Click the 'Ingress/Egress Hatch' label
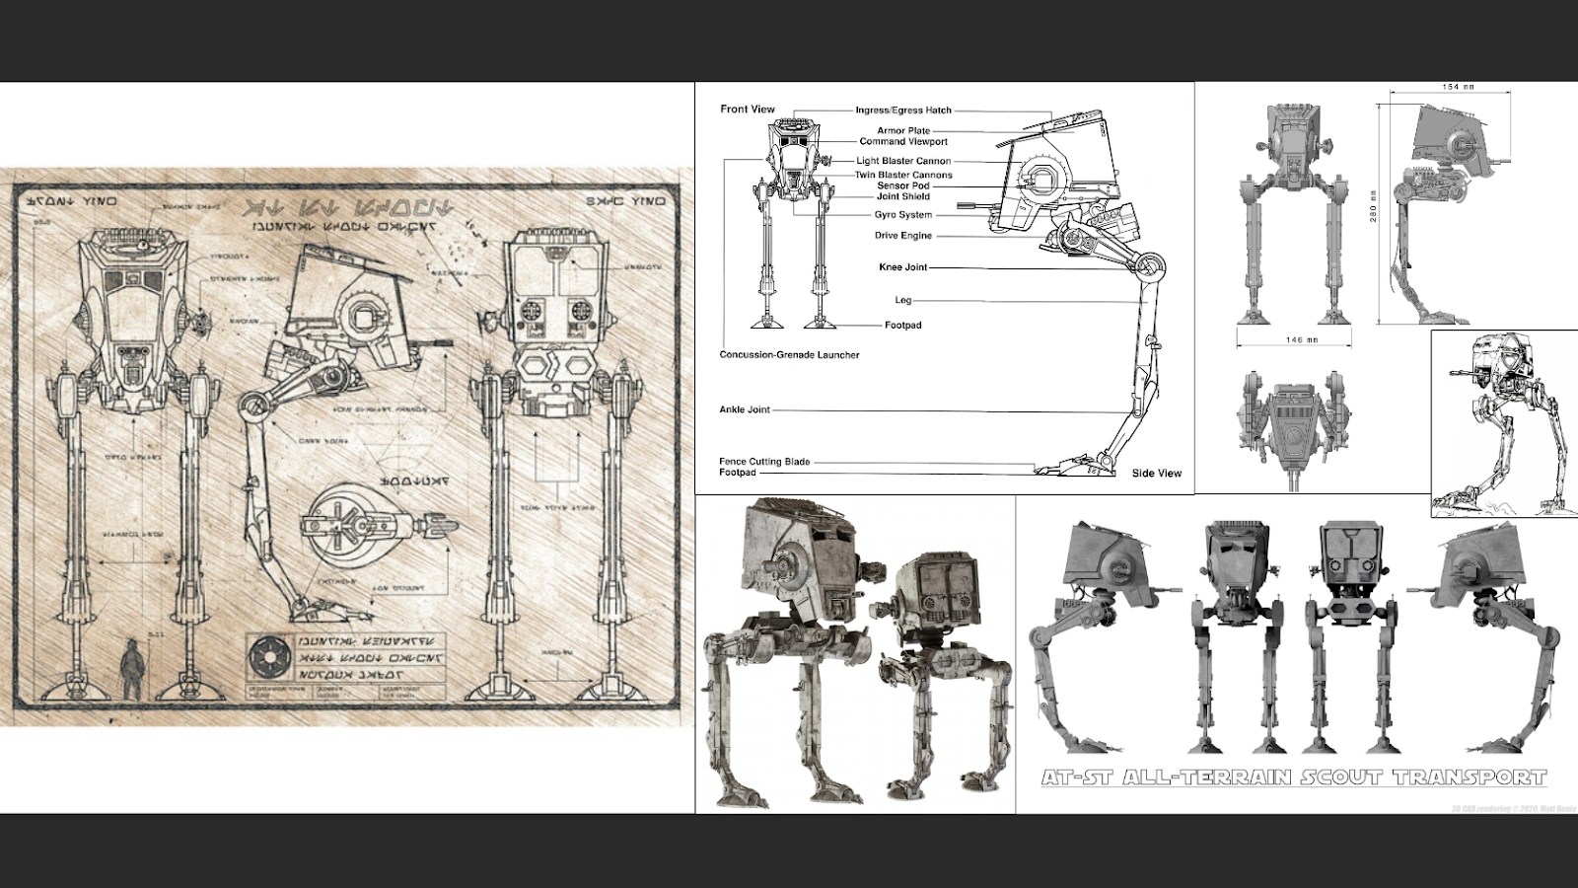click(902, 111)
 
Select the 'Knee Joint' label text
click(902, 267)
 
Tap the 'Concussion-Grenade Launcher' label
click(789, 355)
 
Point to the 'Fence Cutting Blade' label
click(764, 461)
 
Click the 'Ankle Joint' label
click(745, 409)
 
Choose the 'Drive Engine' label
click(902, 236)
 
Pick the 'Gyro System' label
click(902, 215)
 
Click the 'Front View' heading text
click(748, 110)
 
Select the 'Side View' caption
click(1156, 474)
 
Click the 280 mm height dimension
click(1374, 207)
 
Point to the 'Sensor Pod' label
click(902, 185)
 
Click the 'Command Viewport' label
click(902, 141)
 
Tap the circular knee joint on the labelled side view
click(1150, 265)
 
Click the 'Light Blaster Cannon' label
click(902, 161)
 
